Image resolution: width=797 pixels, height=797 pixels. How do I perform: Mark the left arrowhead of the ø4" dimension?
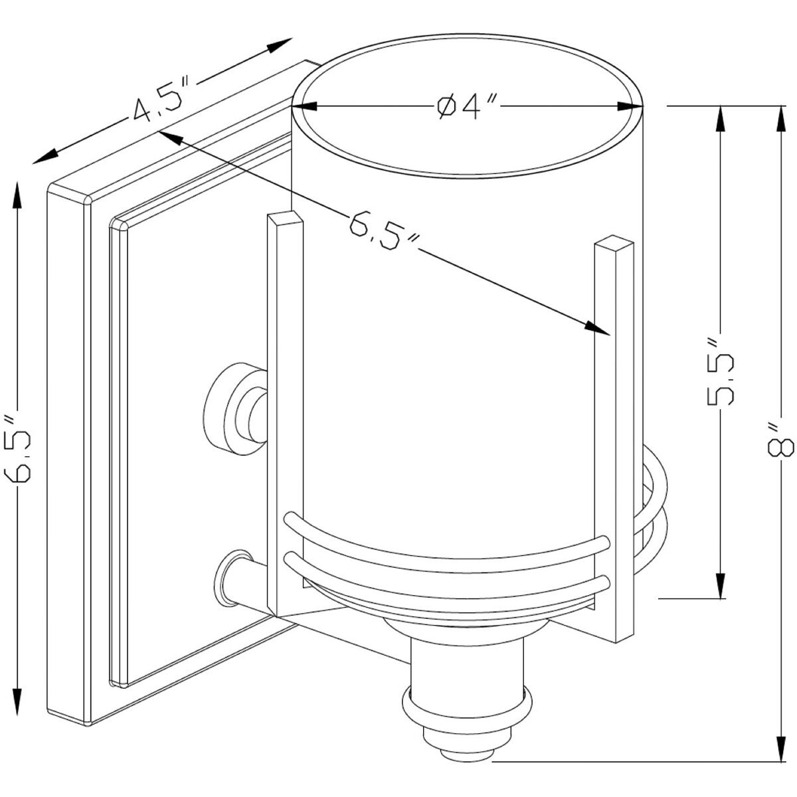point(304,106)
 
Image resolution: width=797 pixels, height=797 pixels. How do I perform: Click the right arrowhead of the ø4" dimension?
point(630,106)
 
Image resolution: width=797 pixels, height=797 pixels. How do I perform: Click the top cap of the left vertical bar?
point(286,218)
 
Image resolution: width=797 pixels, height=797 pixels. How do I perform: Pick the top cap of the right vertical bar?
point(614,244)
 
